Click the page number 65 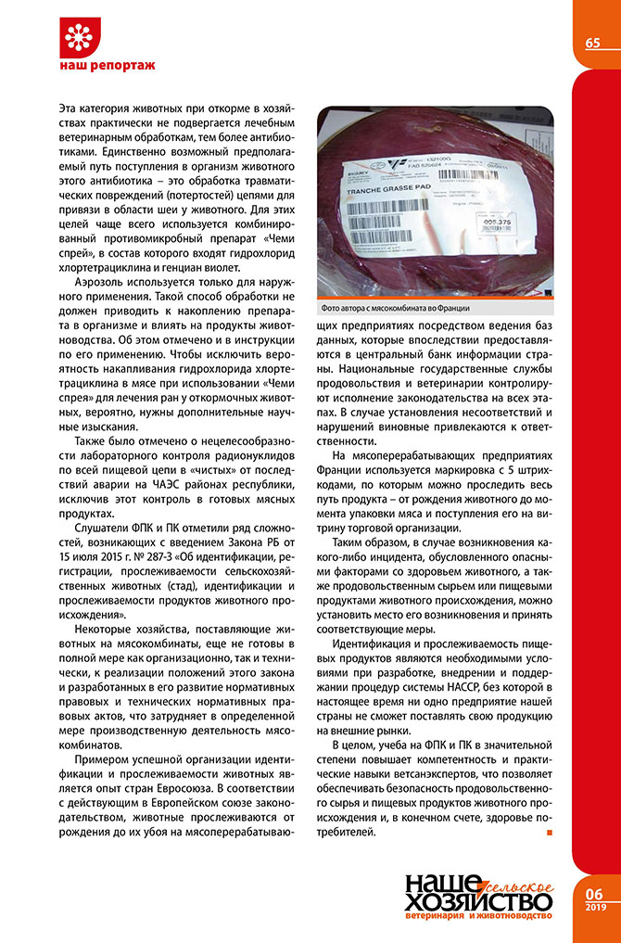click(x=592, y=43)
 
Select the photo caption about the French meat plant click(x=396, y=308)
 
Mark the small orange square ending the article click(x=550, y=832)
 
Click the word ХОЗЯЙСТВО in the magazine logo click(x=480, y=899)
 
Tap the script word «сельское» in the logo click(x=521, y=877)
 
